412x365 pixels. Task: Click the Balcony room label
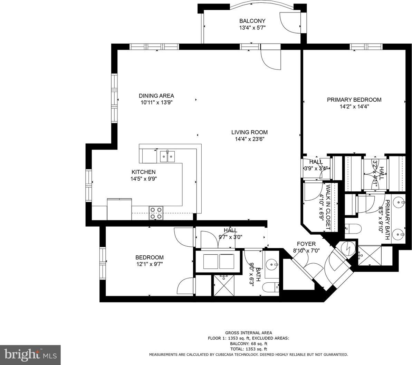(252, 21)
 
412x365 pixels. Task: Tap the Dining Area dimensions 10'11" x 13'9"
(156, 103)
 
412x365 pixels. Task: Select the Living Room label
(249, 133)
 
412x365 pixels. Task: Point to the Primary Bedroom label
(354, 100)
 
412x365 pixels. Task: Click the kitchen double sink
(167, 157)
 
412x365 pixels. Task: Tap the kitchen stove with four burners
(156, 213)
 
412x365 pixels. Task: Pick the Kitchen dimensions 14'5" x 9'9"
(143, 179)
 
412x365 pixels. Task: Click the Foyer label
(306, 244)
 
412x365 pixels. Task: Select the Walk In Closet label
(328, 207)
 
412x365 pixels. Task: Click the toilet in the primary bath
(351, 228)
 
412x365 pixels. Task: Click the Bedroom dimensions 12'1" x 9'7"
(150, 264)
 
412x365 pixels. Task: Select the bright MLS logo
(30, 355)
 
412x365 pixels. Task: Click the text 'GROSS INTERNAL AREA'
(249, 333)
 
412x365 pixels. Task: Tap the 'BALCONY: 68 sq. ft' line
(249, 344)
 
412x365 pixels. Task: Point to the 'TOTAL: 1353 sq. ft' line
(249, 349)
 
